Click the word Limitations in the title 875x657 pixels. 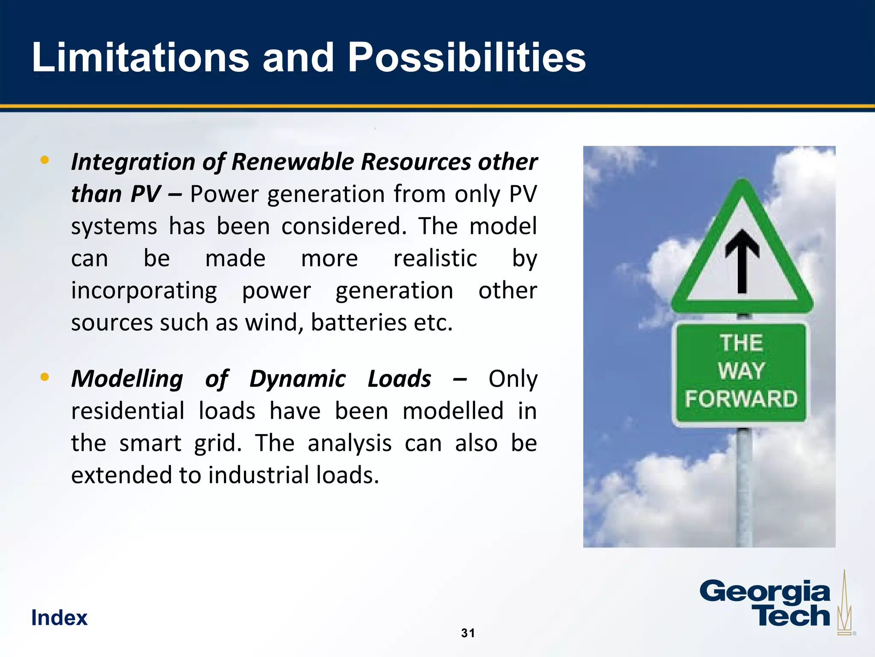click(140, 58)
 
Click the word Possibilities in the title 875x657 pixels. click(466, 58)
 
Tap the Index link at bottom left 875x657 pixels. click(59, 618)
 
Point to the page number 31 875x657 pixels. click(468, 633)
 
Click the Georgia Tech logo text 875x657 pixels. click(765, 604)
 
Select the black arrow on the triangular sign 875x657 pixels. click(742, 261)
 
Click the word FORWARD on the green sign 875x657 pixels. click(741, 399)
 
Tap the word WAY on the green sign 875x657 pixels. click(741, 370)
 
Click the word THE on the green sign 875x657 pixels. click(741, 343)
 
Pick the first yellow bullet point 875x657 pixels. click(44, 160)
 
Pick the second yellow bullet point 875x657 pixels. click(44, 377)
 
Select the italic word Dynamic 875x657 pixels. click(297, 379)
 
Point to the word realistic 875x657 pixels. click(435, 259)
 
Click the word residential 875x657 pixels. click(128, 411)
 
